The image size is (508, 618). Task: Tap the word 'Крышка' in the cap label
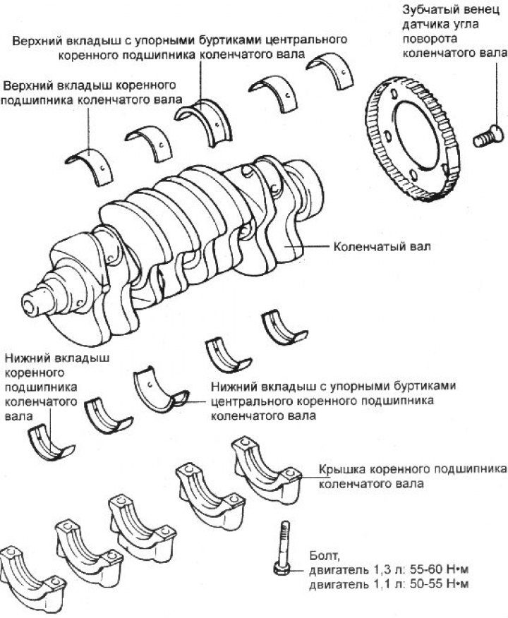[340, 470]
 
